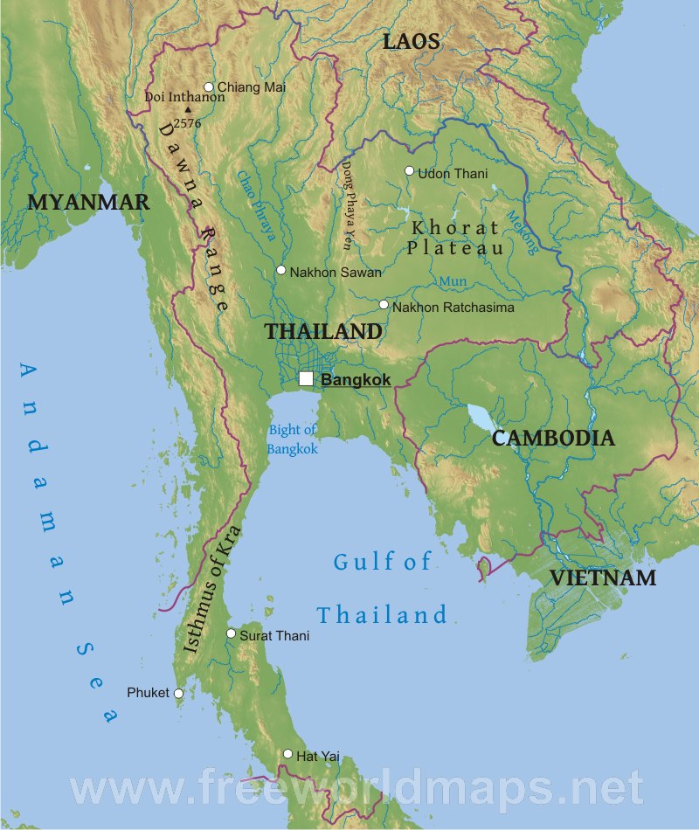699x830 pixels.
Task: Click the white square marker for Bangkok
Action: click(x=306, y=378)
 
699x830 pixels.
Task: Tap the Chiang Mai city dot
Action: click(x=209, y=86)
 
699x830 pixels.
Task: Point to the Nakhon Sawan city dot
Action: click(x=280, y=270)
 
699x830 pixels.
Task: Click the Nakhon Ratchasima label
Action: click(x=453, y=308)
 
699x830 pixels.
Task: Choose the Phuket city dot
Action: click(x=178, y=693)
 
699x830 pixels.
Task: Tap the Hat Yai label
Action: click(x=318, y=757)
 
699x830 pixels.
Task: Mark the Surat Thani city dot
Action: click(x=231, y=633)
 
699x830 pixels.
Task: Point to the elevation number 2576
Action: click(x=187, y=124)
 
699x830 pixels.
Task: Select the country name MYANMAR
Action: click(x=88, y=202)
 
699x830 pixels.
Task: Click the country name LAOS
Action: click(x=411, y=41)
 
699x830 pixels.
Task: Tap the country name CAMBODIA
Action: click(x=552, y=439)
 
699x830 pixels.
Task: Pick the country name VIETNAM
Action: click(x=602, y=578)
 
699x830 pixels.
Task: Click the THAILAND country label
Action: click(x=323, y=332)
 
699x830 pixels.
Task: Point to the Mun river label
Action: click(x=453, y=281)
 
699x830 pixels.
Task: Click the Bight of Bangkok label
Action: click(x=292, y=439)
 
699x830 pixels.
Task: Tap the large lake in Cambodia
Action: click(x=480, y=418)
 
